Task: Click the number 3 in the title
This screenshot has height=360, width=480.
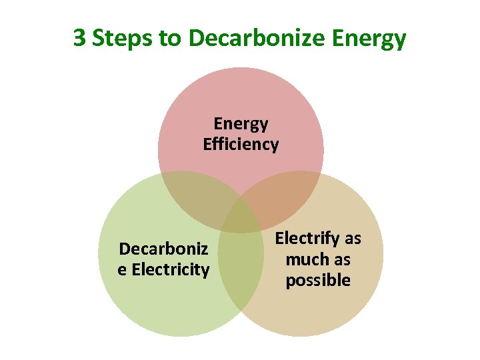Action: click(x=79, y=38)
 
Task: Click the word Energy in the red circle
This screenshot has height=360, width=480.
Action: click(x=241, y=124)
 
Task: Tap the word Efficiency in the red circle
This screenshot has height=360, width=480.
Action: click(x=241, y=145)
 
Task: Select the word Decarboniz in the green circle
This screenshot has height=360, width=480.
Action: click(x=163, y=249)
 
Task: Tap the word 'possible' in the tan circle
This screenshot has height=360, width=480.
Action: click(x=318, y=281)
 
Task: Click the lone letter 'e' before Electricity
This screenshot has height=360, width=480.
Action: click(x=122, y=270)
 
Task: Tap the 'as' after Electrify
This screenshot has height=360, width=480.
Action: click(x=353, y=238)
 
